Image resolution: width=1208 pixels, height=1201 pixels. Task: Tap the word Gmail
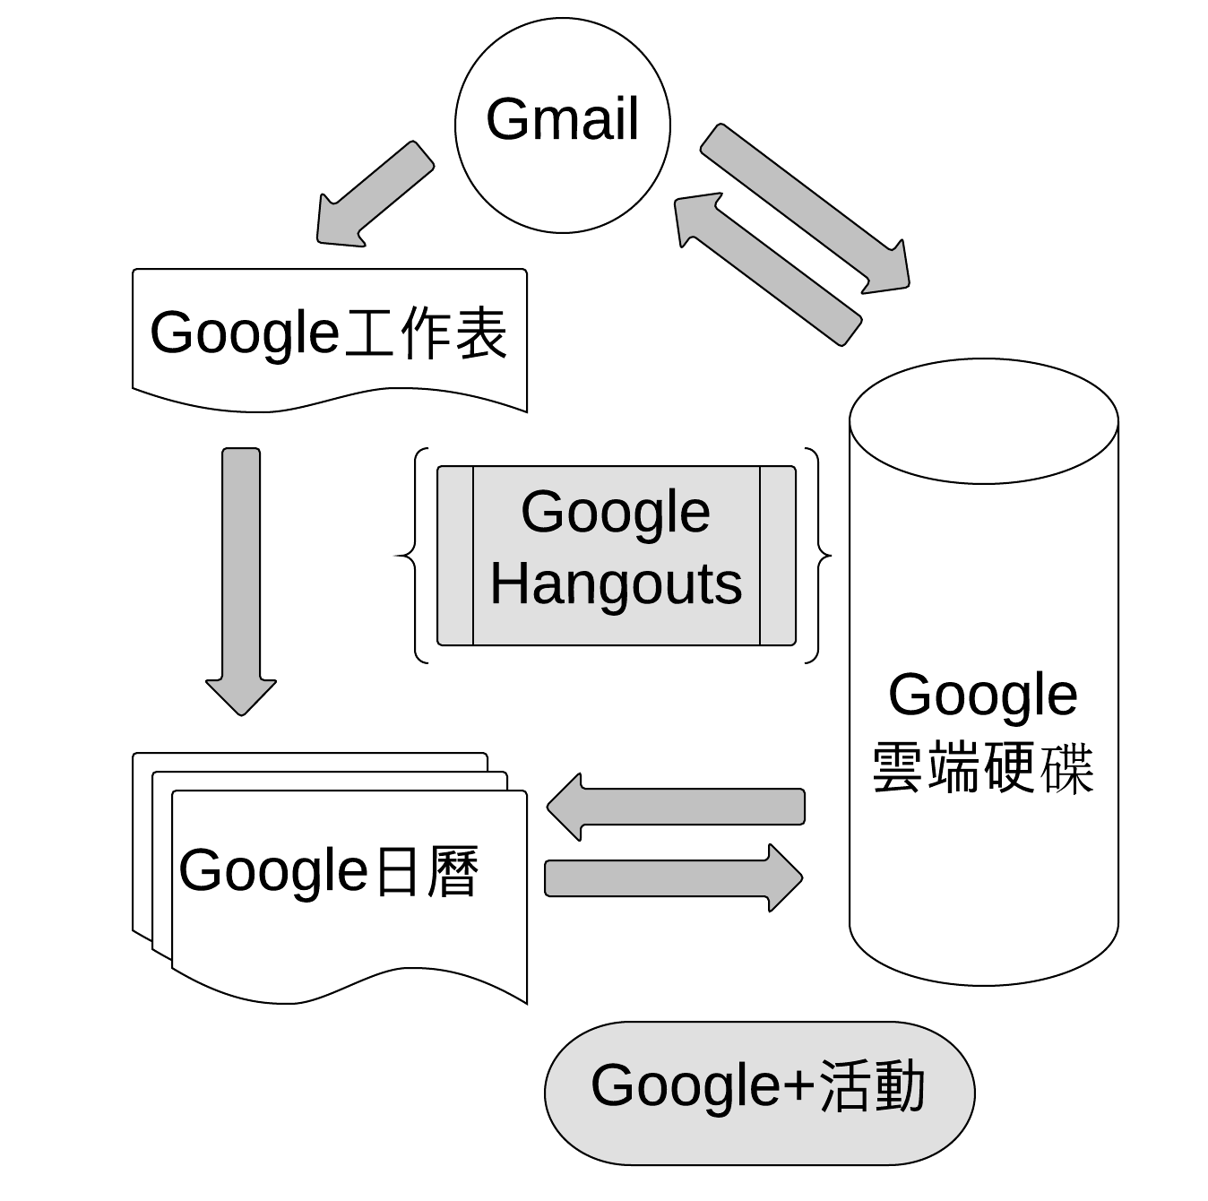click(562, 119)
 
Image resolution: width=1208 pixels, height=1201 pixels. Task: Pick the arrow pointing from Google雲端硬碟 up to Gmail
click(767, 270)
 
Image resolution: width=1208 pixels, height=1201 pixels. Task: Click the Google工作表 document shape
click(329, 376)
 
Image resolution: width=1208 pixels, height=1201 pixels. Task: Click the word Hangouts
click(616, 584)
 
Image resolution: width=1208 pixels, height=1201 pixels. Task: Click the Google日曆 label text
click(329, 870)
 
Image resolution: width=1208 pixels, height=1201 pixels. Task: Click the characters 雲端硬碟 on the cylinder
click(983, 768)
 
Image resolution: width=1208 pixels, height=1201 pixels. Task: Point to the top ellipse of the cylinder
click(983, 421)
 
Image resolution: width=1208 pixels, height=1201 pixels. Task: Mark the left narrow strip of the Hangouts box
click(455, 556)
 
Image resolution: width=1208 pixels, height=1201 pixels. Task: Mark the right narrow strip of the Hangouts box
click(777, 556)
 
